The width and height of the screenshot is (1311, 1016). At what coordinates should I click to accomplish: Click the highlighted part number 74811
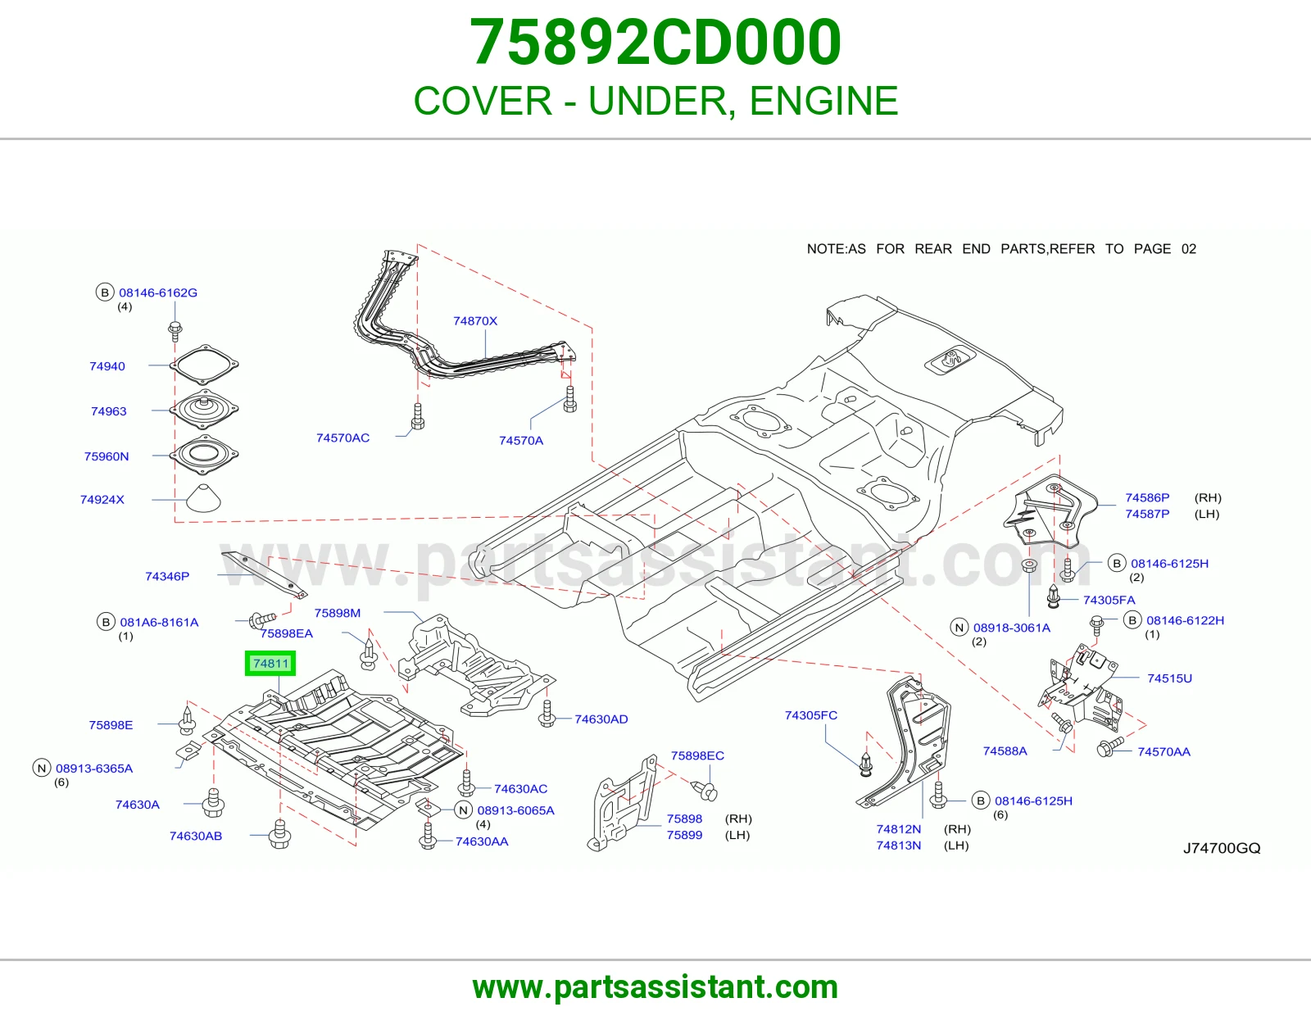coord(271,664)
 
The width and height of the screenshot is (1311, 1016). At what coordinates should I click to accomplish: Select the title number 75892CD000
coord(655,43)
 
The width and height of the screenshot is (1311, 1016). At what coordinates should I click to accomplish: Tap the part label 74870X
coord(475,321)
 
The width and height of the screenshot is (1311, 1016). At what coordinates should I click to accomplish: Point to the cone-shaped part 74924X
coord(203,498)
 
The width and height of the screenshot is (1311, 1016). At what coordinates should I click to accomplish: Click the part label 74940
coord(107,366)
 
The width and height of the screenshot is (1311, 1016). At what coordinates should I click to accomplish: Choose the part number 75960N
coord(107,456)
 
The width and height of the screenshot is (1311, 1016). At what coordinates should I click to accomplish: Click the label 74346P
coord(167,576)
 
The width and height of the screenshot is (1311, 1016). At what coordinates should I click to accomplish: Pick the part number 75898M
coord(338,613)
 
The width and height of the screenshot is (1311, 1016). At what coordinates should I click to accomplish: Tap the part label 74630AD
coord(601,719)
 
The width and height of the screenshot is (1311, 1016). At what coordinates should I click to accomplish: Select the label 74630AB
coord(196,836)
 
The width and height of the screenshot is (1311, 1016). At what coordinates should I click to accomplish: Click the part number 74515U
coord(1169,678)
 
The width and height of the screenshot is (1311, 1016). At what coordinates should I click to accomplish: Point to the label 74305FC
coord(811,715)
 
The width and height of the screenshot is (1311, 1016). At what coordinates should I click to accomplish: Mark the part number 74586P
coord(1147,497)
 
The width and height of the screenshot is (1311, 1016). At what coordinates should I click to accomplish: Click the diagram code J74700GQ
coord(1222,848)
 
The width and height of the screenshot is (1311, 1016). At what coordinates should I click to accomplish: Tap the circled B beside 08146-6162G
coord(105,293)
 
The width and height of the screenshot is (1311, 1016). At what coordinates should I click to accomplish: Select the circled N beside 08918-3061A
coord(959,628)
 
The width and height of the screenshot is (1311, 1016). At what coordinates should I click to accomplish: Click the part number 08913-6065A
coord(516,810)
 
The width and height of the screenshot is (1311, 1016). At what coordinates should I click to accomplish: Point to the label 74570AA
coord(1164,751)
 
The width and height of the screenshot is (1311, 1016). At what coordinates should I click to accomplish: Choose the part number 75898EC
coord(697,755)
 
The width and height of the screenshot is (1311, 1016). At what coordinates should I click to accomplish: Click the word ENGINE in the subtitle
coord(824,100)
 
